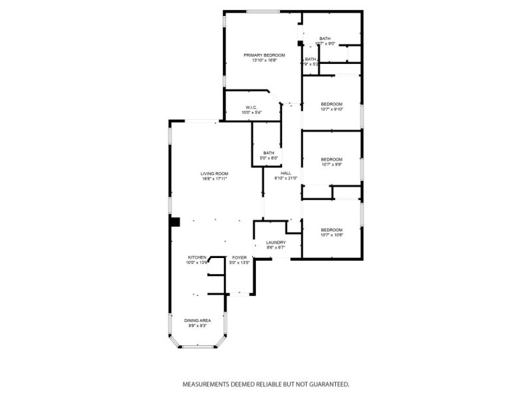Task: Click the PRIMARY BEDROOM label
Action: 264,55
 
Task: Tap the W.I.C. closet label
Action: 251,108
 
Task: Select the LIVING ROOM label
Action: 215,174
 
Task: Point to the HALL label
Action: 286,173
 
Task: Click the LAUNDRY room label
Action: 275,243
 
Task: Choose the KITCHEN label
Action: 197,257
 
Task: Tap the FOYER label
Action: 239,257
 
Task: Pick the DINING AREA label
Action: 198,321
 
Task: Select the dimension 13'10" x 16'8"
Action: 264,61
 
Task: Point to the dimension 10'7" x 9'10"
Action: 331,109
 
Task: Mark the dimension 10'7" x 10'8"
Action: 331,235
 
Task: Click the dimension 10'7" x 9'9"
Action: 331,164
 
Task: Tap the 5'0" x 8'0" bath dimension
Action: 269,158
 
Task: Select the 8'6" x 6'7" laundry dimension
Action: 275,248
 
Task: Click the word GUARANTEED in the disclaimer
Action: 327,384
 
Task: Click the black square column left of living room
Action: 175,222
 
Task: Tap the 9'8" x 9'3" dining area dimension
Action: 198,326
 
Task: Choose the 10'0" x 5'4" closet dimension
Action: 251,113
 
